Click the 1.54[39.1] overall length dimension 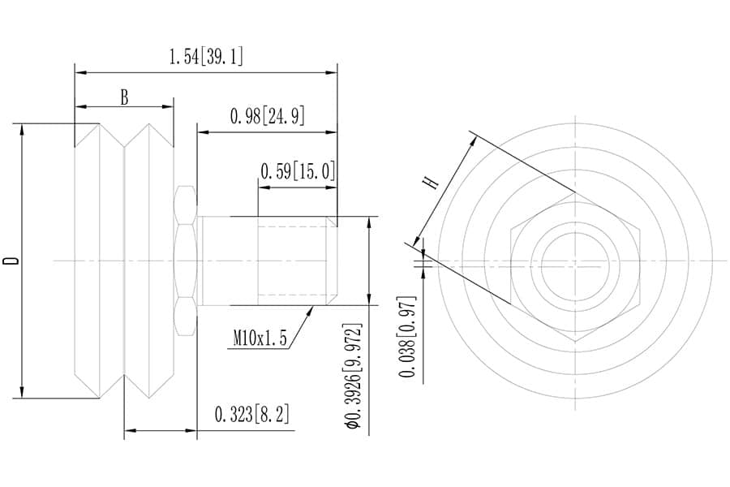[206, 57]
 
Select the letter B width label [124, 98]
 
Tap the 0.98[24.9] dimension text [268, 116]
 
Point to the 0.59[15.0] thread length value [298, 171]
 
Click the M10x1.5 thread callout [260, 338]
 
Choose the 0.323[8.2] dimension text [252, 414]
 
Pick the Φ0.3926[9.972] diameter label [353, 375]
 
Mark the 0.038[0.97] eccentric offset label [407, 336]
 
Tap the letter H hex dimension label [431, 182]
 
